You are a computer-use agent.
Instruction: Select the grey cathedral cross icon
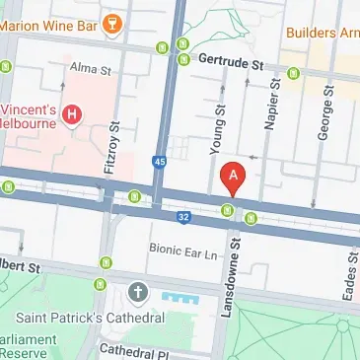coord(137,293)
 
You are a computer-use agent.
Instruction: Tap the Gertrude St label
coord(233,61)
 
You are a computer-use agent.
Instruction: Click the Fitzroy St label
coord(111,148)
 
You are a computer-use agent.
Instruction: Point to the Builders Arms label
coord(322,33)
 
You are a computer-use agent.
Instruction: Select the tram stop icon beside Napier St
coord(293,72)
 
